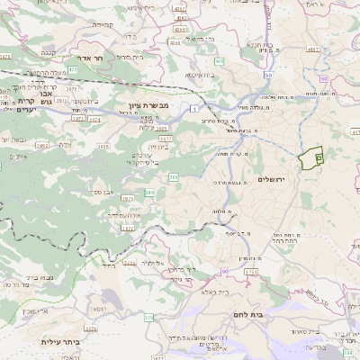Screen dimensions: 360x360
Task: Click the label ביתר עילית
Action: tap(60, 342)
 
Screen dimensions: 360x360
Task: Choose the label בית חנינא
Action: tap(259, 43)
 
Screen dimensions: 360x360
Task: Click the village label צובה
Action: tap(64, 144)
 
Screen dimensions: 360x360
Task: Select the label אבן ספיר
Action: tap(104, 193)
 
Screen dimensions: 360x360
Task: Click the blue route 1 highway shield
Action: tap(193, 109)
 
